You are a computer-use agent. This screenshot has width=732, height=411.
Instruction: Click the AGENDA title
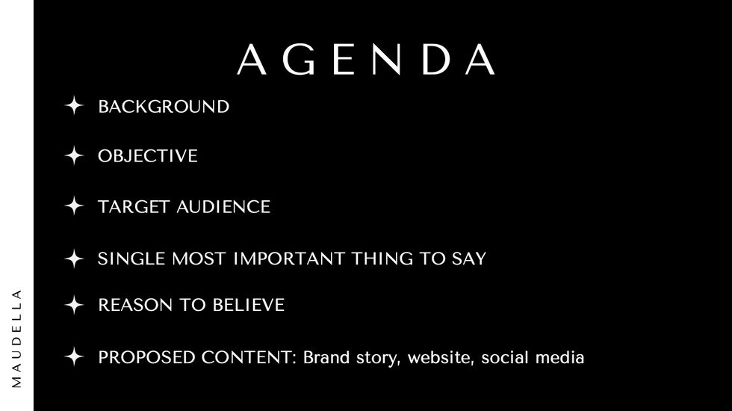tap(366, 59)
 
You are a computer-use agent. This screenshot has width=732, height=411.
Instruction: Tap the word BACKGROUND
tap(164, 106)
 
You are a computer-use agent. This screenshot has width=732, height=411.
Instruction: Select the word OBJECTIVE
tap(148, 156)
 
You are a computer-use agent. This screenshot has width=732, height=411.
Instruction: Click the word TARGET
tap(133, 207)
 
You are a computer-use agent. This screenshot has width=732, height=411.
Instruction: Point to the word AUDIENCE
tap(223, 207)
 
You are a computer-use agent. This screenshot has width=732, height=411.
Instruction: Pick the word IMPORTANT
tap(288, 259)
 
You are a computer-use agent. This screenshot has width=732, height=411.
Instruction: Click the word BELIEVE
tap(248, 305)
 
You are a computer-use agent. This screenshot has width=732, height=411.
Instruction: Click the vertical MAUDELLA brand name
tap(16, 339)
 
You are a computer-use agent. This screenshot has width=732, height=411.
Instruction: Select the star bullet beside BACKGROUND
tap(74, 105)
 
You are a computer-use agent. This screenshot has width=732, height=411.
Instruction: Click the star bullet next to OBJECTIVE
tap(74, 155)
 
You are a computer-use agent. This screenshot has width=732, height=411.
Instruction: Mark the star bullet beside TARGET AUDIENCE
tap(74, 205)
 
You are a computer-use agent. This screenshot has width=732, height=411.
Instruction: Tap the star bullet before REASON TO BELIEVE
tap(74, 305)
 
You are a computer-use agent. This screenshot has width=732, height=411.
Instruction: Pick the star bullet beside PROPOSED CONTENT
tap(74, 357)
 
